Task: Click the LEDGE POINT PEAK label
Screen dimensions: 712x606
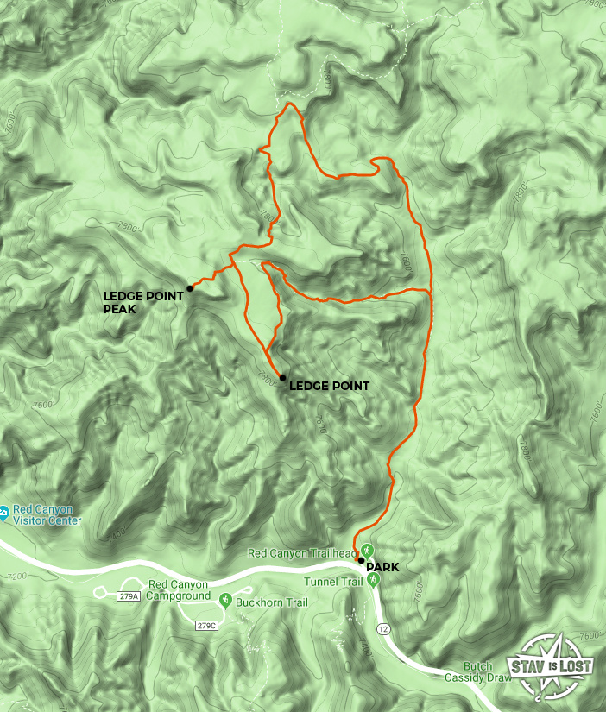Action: (x=143, y=301)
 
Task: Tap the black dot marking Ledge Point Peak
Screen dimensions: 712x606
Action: (x=189, y=288)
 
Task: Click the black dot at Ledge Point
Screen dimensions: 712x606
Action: (x=282, y=377)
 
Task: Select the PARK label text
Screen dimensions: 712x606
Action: (x=382, y=567)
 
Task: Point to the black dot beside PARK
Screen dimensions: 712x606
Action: (x=361, y=560)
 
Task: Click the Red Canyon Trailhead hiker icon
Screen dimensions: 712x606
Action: (x=367, y=549)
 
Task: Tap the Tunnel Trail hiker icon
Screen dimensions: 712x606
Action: (x=374, y=582)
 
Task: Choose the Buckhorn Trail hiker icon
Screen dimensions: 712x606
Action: (x=225, y=600)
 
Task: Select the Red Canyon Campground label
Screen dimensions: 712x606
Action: (x=180, y=590)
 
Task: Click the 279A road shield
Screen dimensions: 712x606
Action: (x=126, y=595)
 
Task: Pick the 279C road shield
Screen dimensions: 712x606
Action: (x=205, y=626)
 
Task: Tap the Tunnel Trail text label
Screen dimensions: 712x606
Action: (x=339, y=582)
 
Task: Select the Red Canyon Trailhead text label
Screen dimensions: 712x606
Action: (x=301, y=552)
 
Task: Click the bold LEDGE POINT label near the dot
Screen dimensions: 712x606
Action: (x=329, y=386)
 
